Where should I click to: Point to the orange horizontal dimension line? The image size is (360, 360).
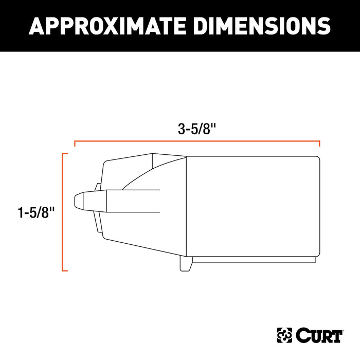click(x=197, y=141)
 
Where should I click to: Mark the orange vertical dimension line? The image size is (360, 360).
click(x=62, y=212)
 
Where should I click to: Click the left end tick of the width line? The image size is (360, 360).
click(x=75, y=144)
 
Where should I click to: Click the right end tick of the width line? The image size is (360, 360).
click(x=320, y=144)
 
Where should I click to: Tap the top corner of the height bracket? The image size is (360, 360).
click(x=64, y=154)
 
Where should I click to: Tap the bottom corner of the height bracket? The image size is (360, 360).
click(x=64, y=271)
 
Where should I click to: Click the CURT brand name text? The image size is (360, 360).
click(x=319, y=336)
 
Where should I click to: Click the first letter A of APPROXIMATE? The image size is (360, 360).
click(x=37, y=25)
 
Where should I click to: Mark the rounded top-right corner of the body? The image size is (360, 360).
click(x=318, y=158)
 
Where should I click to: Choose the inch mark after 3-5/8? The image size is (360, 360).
click(x=212, y=127)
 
